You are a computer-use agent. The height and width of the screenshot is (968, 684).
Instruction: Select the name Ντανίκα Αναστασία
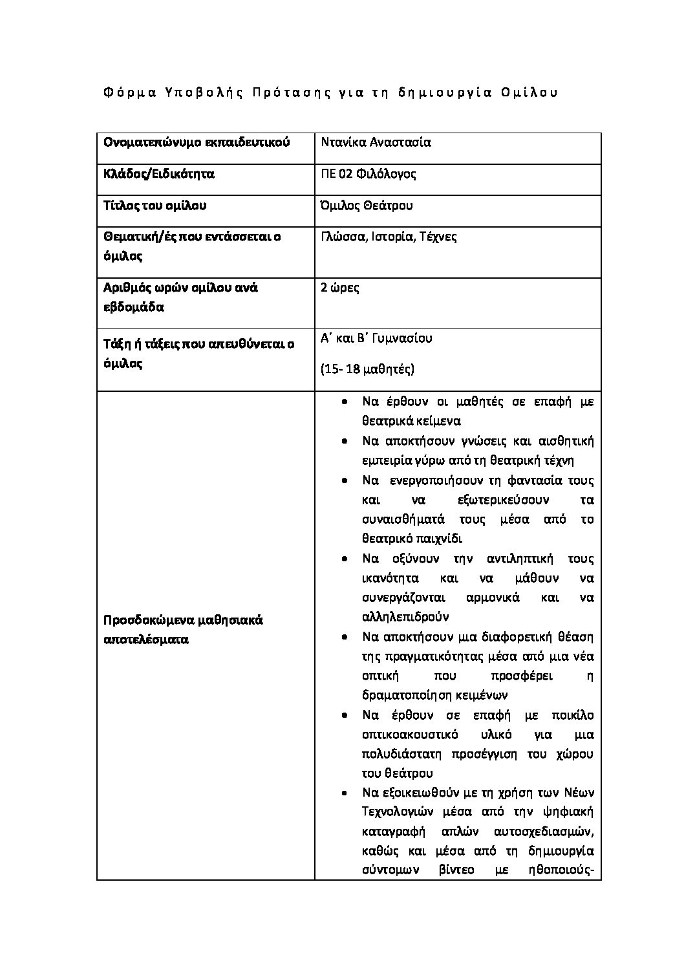(376, 142)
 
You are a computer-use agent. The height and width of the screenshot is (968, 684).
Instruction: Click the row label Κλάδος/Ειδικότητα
(159, 174)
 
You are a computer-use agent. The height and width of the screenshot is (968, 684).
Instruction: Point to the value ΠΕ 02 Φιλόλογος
(368, 174)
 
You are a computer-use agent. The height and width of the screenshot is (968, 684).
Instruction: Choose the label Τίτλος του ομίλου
(155, 206)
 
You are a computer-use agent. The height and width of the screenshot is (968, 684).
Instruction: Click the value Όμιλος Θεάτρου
(367, 206)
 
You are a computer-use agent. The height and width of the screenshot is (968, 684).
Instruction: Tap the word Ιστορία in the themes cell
(392, 237)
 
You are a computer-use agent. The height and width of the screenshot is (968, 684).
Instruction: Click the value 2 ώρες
(340, 288)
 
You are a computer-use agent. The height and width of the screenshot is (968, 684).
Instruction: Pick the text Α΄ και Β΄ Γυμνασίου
(376, 338)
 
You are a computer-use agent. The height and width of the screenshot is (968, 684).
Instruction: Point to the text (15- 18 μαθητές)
(367, 369)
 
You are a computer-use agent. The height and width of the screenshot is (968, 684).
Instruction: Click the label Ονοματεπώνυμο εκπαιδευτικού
(197, 142)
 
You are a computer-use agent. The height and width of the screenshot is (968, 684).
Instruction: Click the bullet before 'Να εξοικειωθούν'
(347, 793)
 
